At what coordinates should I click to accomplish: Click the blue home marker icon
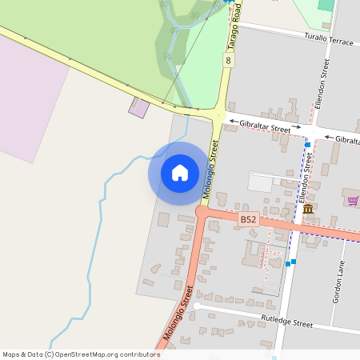[180, 173]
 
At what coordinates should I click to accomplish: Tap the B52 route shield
[249, 218]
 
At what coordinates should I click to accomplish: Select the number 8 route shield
[230, 61]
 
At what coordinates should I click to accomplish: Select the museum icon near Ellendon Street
[308, 210]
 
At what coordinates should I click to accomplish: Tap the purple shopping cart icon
[353, 200]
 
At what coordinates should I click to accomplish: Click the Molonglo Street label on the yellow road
[211, 169]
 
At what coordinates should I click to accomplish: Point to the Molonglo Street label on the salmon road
[178, 322]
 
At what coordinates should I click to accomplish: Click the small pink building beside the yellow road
[138, 108]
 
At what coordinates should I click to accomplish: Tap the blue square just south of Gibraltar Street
[307, 144]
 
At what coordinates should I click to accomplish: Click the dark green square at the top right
[326, 5]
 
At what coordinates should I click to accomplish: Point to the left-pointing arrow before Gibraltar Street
[233, 122]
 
